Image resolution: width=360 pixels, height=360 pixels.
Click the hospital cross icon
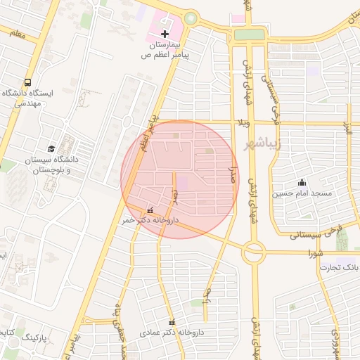[x=165, y=33]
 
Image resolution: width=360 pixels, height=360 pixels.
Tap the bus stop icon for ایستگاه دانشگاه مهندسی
[x=27, y=82]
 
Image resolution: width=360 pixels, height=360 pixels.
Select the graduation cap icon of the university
[x=51, y=149]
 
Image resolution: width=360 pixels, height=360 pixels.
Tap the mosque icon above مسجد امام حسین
[x=302, y=182]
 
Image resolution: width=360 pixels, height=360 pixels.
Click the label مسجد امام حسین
[x=303, y=193]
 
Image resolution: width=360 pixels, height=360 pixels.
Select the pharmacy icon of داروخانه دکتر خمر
[x=150, y=210]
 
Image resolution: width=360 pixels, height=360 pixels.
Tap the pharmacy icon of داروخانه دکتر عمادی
[x=172, y=322]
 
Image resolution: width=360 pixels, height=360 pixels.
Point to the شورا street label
[x=315, y=252]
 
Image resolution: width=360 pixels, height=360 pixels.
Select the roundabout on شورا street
[x=254, y=250]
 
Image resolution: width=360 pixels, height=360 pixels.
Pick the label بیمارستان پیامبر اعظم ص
[x=167, y=49]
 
